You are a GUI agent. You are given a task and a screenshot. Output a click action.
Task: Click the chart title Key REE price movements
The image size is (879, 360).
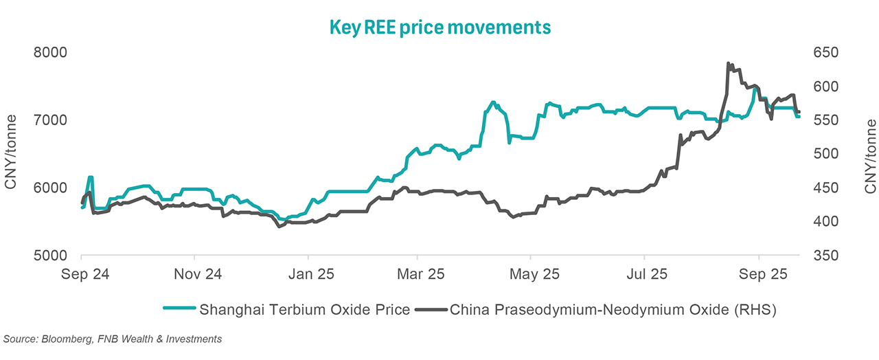point(440,27)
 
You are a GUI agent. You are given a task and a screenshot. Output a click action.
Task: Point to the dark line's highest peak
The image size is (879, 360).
point(728,63)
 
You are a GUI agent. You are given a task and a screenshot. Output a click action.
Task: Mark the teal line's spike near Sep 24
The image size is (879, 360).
point(91,177)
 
